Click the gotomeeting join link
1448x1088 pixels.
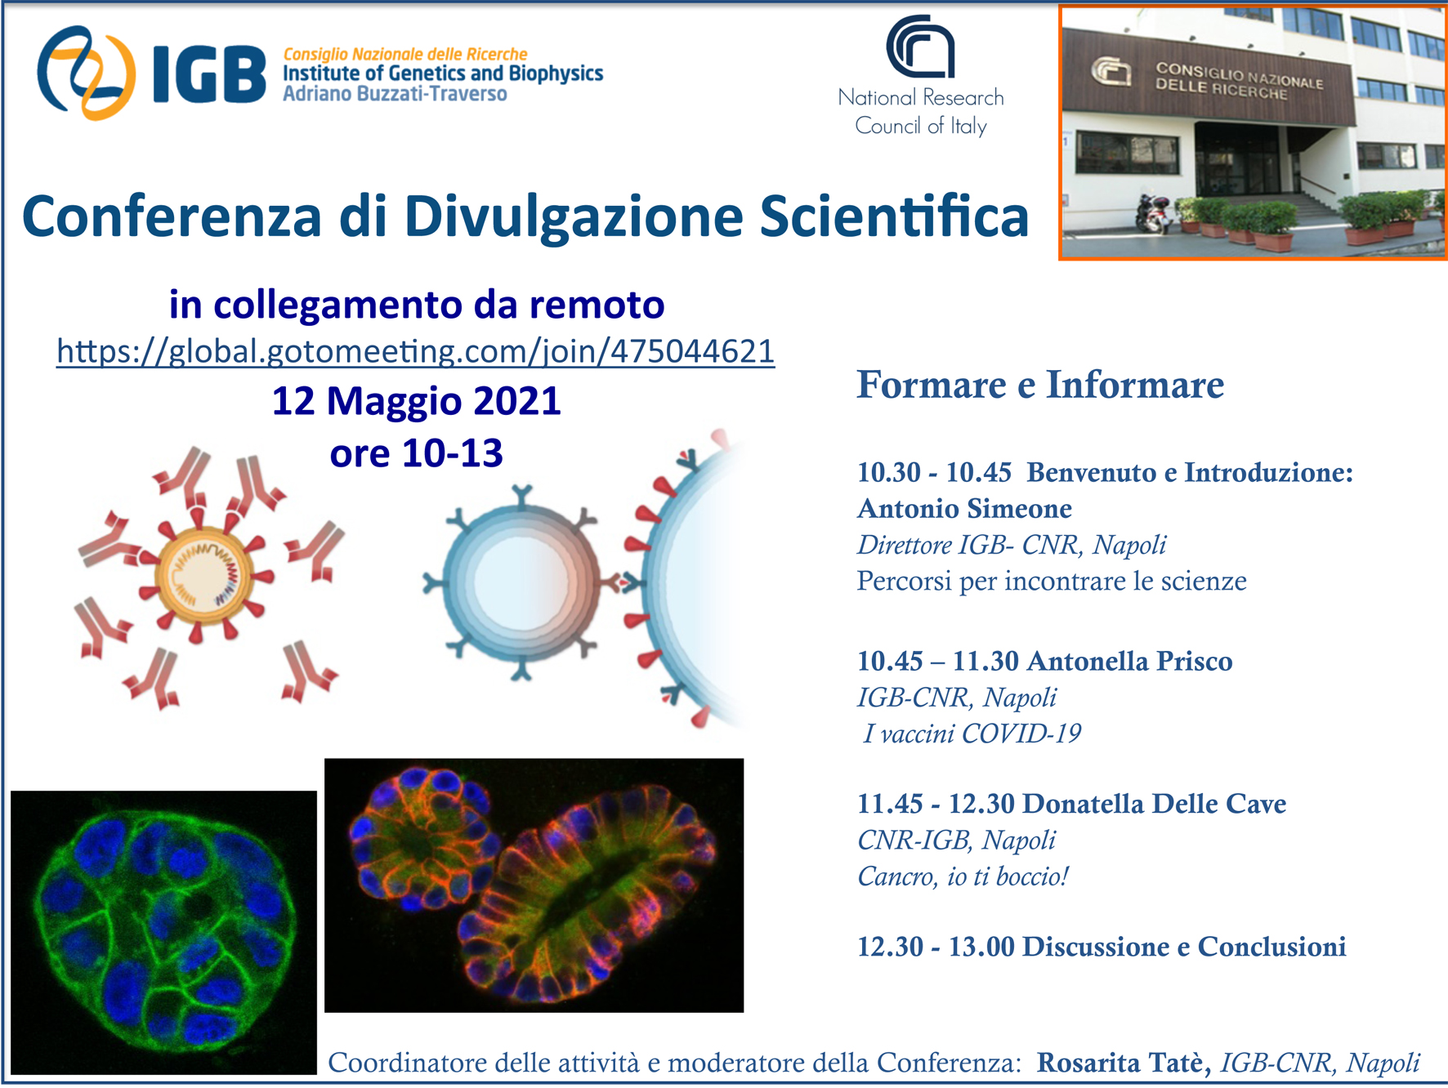click(x=415, y=351)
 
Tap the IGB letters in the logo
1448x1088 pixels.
click(x=209, y=74)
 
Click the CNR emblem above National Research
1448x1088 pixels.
click(x=920, y=47)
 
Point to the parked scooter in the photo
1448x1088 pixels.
click(x=1153, y=212)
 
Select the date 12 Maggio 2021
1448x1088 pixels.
click(x=416, y=401)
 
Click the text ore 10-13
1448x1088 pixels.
click(x=416, y=453)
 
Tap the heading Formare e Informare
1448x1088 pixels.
click(x=1040, y=385)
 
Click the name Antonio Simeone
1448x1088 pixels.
click(x=964, y=509)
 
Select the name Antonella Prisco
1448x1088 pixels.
click(x=1129, y=661)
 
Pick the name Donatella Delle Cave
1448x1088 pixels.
click(x=1154, y=804)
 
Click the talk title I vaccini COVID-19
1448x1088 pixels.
click(x=972, y=734)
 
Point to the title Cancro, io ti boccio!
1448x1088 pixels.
click(x=963, y=876)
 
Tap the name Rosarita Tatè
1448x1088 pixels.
click(x=1124, y=1063)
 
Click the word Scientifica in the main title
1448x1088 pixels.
click(x=894, y=216)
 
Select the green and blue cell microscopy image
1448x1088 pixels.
click(x=163, y=932)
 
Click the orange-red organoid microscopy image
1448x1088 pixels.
click(x=534, y=885)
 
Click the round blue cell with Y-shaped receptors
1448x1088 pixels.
click(x=521, y=582)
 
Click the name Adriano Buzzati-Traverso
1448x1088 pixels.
click(x=395, y=94)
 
